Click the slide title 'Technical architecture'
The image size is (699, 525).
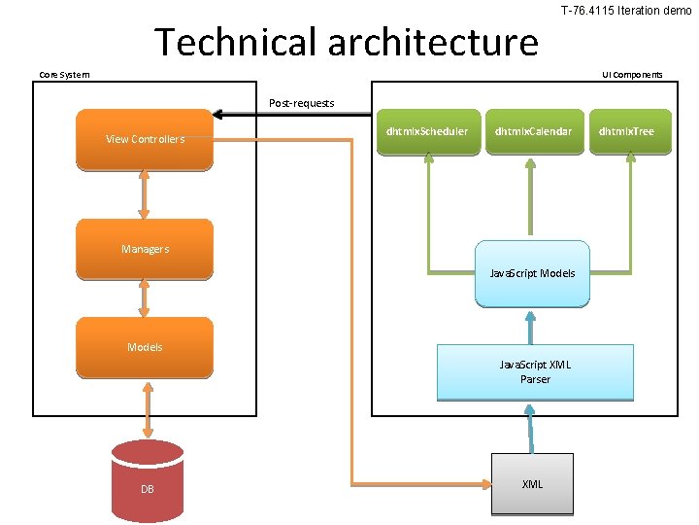pyautogui.click(x=346, y=43)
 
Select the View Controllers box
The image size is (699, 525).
pyautogui.click(x=145, y=139)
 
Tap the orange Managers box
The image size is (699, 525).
pyautogui.click(x=145, y=249)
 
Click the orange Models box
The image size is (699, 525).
pyautogui.click(x=145, y=347)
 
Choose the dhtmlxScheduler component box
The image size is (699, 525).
pyautogui.click(x=426, y=131)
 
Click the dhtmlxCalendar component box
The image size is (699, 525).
pyautogui.click(x=533, y=131)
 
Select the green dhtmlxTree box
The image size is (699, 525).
pyautogui.click(x=626, y=131)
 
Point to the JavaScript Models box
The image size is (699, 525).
pyautogui.click(x=532, y=273)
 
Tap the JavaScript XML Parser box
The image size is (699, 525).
pyautogui.click(x=535, y=371)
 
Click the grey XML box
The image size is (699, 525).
pyautogui.click(x=532, y=483)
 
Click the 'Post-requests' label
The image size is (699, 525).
pyautogui.click(x=301, y=103)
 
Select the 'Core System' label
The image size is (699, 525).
pyautogui.click(x=64, y=75)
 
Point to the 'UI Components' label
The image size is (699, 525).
pyautogui.click(x=632, y=75)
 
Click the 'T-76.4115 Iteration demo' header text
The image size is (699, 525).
pyautogui.click(x=626, y=10)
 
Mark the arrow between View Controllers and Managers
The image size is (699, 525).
pyautogui.click(x=145, y=194)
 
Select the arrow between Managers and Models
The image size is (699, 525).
pyautogui.click(x=145, y=297)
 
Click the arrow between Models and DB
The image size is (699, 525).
pyautogui.click(x=147, y=408)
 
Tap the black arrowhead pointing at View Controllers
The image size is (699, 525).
pyautogui.click(x=220, y=115)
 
